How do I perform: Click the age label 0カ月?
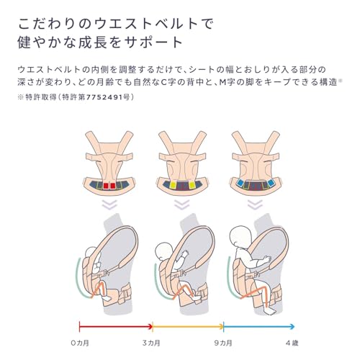80,343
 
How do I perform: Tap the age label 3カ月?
151,343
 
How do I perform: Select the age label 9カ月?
223,343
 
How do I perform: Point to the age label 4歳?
292,343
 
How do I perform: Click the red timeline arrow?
116,327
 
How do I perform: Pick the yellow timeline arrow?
188,327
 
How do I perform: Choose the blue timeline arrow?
259,327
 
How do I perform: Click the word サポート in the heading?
153,42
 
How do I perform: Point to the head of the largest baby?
240,236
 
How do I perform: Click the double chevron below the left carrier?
109,204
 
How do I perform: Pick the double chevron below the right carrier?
255,204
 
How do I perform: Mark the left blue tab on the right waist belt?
240,184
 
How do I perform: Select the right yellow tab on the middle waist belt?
192,185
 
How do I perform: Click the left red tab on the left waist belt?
106,186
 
